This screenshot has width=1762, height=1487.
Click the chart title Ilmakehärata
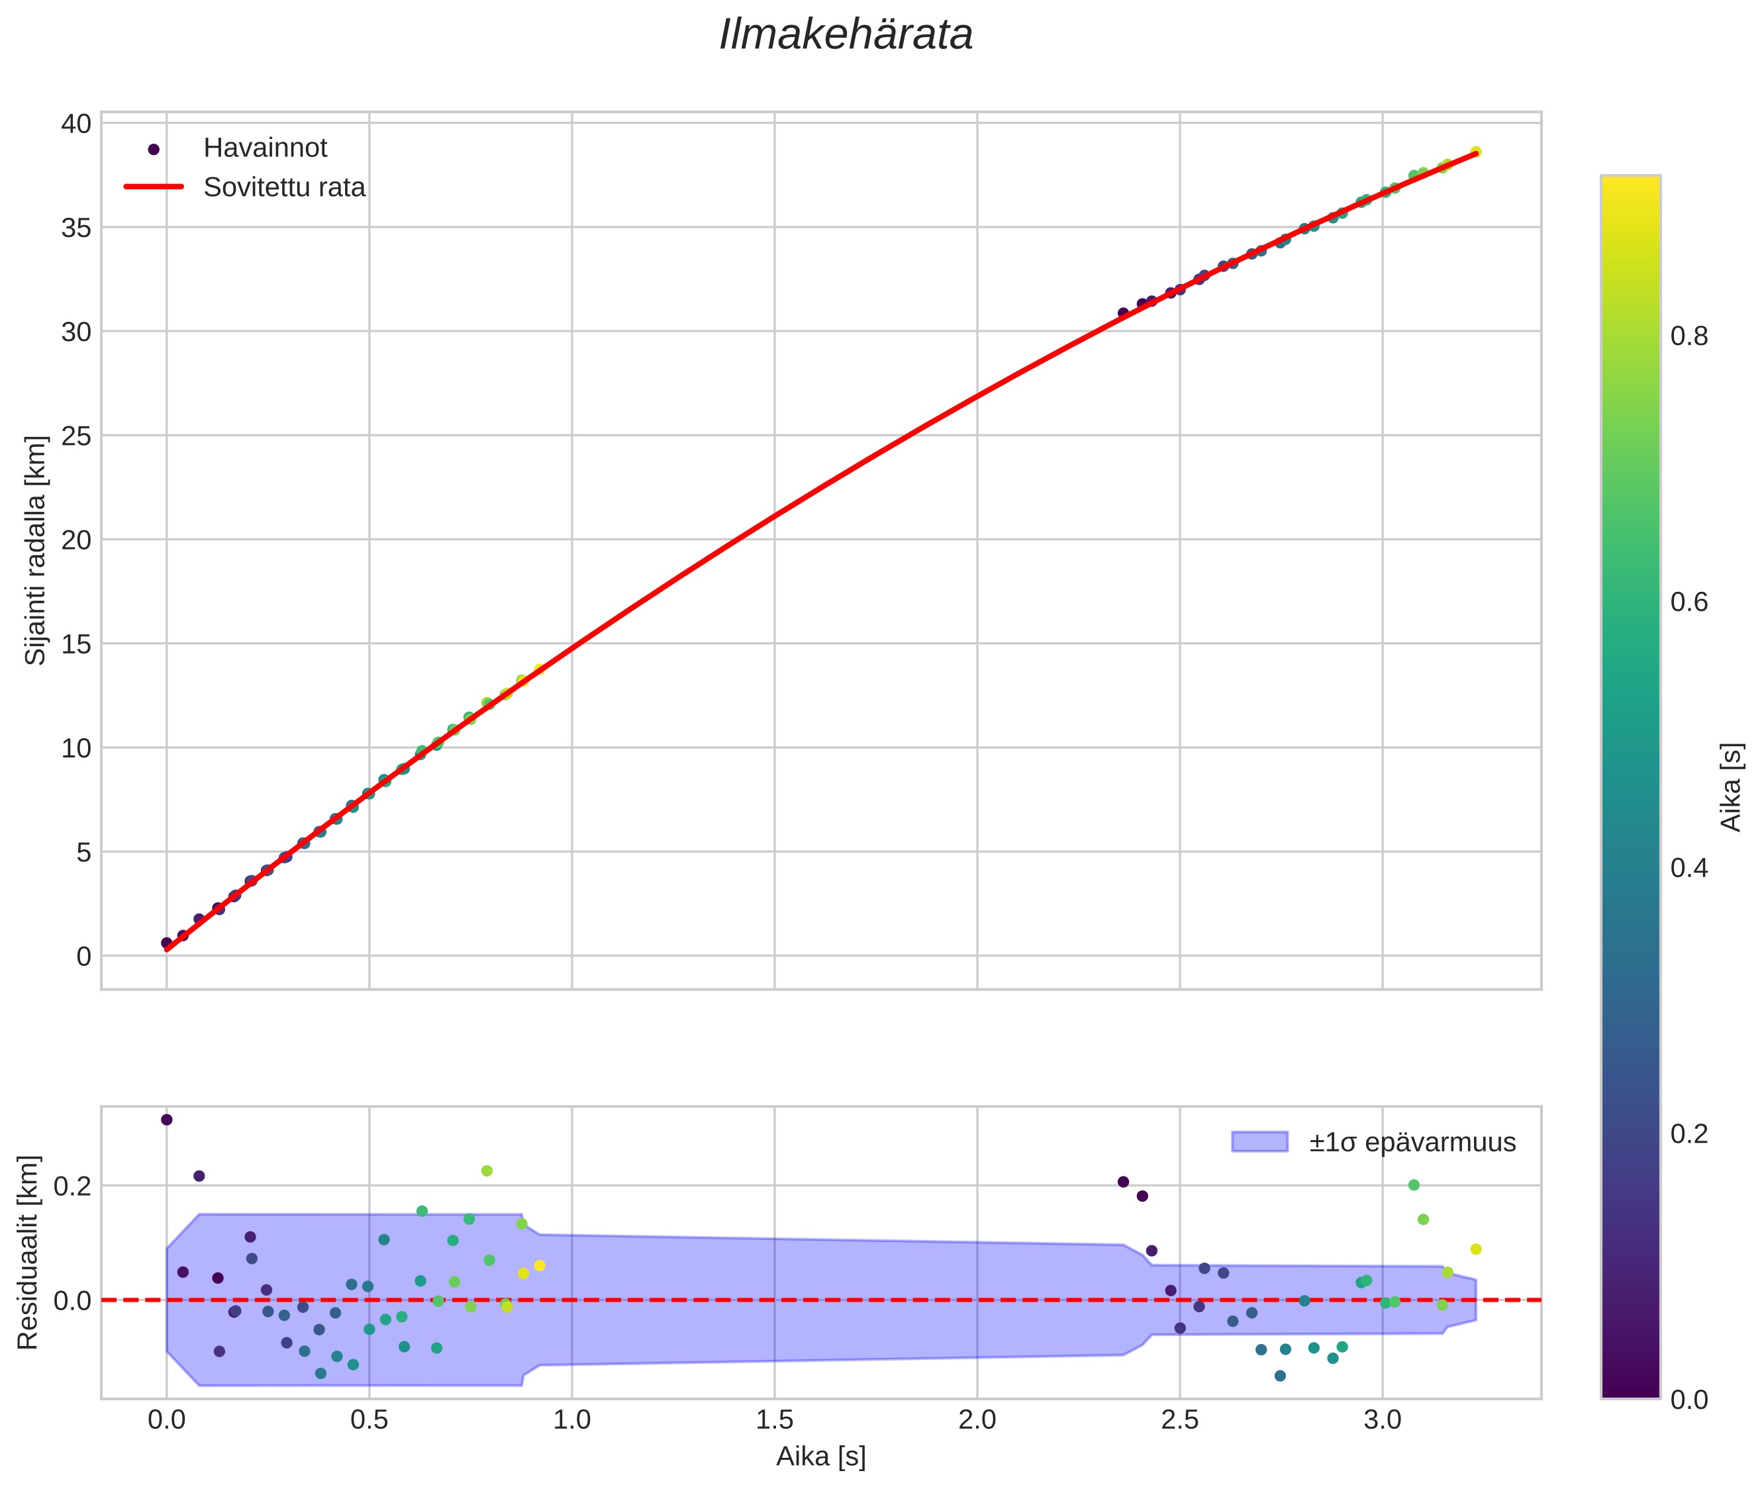(x=846, y=35)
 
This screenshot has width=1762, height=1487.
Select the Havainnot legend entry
(x=265, y=148)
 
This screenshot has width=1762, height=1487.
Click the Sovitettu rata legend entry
(x=284, y=187)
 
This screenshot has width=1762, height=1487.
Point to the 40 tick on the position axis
(x=76, y=124)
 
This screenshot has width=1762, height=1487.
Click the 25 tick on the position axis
(x=76, y=436)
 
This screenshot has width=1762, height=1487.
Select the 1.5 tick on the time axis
(x=774, y=1420)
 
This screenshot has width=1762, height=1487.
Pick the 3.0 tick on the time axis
(x=1382, y=1420)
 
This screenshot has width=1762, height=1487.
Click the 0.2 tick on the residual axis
(x=72, y=1186)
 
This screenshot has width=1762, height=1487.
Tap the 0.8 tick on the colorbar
(x=1689, y=336)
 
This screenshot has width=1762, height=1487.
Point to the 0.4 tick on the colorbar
(x=1689, y=868)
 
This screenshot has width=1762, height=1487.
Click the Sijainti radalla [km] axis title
(x=35, y=550)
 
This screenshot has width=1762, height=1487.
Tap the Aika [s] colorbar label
(x=1730, y=787)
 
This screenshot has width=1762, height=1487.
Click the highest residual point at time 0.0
(x=167, y=1120)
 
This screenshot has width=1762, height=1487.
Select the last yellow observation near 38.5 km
(x=1475, y=152)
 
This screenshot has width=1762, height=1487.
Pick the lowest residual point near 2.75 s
(x=1280, y=1376)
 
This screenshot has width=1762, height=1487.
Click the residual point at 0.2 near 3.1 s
(x=1414, y=1185)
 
